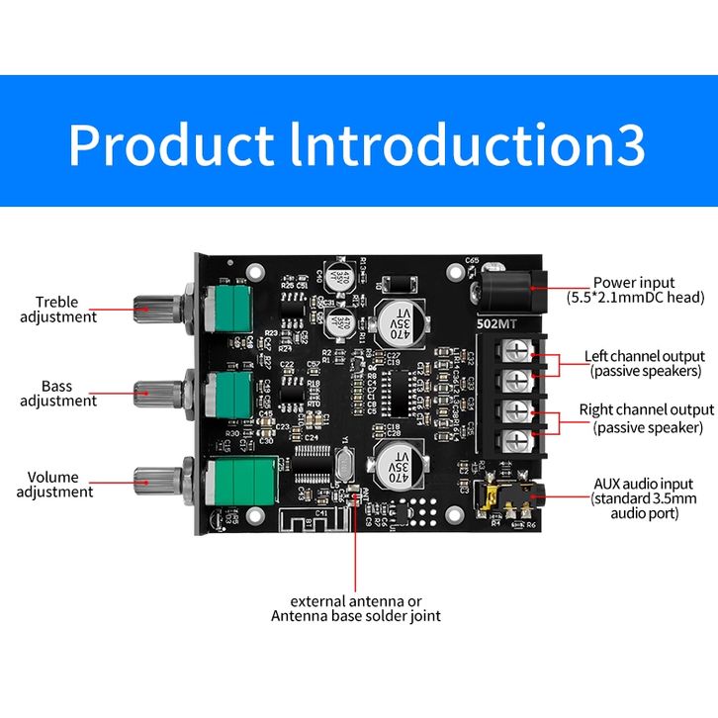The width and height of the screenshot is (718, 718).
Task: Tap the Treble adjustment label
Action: point(66,310)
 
